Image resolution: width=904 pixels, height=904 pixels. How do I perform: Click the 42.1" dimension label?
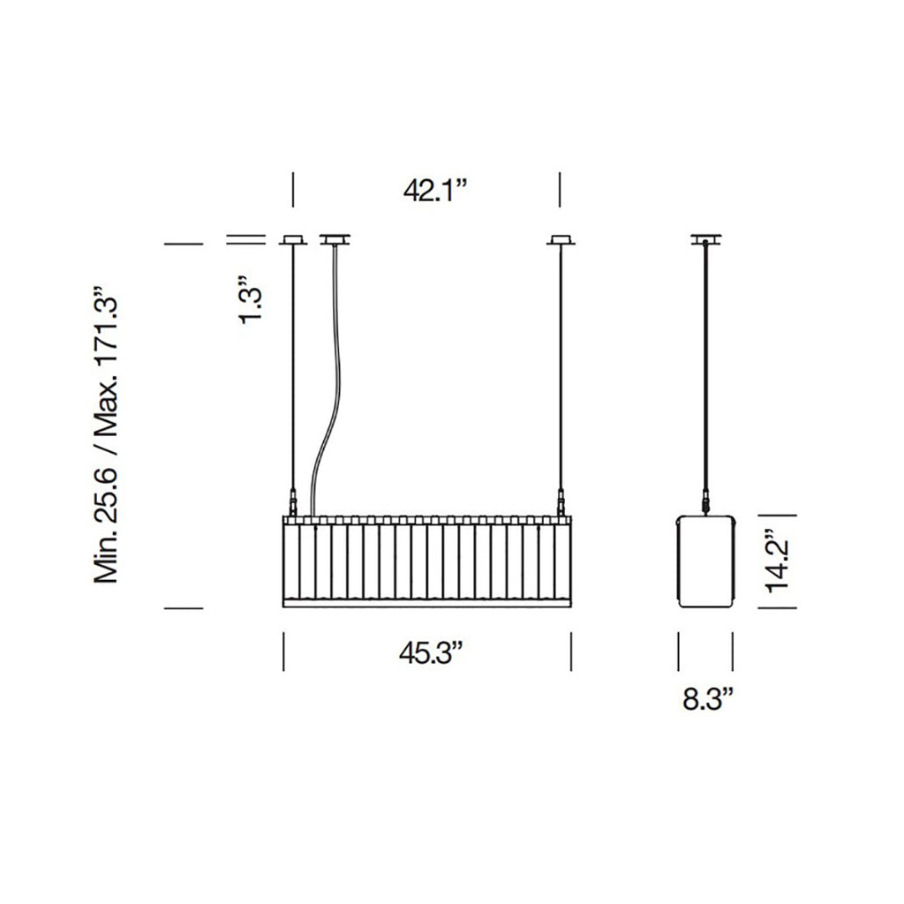434,191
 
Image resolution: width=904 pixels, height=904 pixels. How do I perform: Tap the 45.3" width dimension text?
431,653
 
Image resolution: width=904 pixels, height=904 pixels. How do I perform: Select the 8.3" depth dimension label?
707,699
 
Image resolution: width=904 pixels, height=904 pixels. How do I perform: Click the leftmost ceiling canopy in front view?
293,239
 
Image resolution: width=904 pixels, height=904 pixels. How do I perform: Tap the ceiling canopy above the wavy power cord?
335,239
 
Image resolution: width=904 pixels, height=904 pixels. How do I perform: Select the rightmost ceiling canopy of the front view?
561,239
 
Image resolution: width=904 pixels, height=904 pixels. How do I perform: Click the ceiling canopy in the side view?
707,239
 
